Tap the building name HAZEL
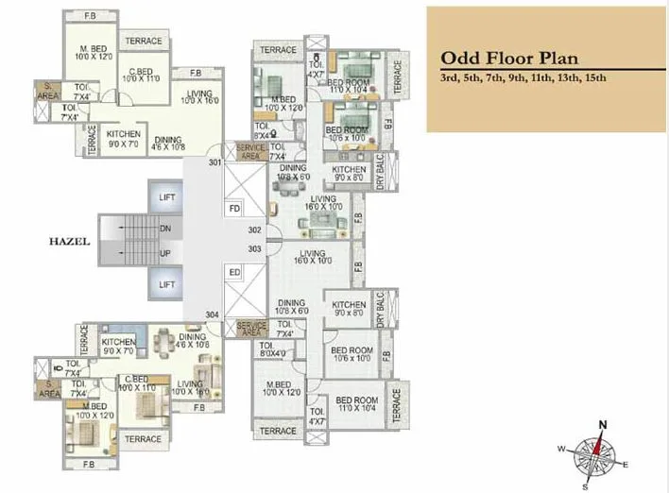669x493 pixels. click(x=69, y=242)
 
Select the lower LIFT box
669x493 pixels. click(x=167, y=284)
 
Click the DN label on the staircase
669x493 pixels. click(x=166, y=228)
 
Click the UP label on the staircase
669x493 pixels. click(x=166, y=254)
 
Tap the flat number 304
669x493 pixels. click(x=213, y=314)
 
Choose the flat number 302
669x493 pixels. click(x=254, y=229)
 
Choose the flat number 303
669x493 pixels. click(x=254, y=248)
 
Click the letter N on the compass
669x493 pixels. click(x=602, y=424)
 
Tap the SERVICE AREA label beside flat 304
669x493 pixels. click(x=250, y=329)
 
